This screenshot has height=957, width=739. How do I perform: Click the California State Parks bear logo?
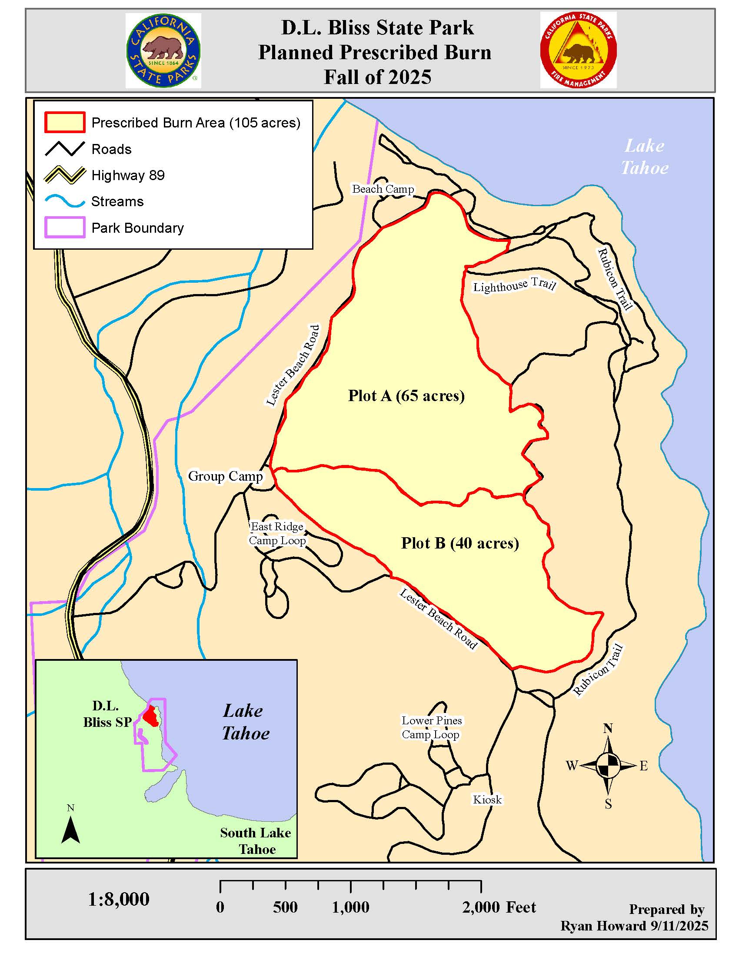coord(163,50)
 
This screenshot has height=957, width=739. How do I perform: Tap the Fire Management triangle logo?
coord(578,50)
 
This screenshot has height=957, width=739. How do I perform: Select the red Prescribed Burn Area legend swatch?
coord(64,122)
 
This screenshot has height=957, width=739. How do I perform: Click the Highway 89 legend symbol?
coord(65,175)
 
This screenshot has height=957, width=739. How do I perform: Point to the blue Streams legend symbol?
coord(65,201)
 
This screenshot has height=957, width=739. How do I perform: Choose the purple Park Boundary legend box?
coord(65,228)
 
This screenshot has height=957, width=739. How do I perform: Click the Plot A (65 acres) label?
coord(406,396)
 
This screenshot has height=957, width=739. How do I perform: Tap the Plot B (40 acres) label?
coord(459,543)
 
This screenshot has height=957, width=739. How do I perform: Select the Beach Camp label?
coord(383,189)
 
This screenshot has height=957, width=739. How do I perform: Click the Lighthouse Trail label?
coord(514,285)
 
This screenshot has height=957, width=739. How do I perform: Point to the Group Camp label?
coord(225,476)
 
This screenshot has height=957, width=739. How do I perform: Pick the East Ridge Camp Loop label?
coord(277,533)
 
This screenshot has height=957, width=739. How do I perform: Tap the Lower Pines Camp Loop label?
coord(431,727)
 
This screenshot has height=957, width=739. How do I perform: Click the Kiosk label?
coord(487,800)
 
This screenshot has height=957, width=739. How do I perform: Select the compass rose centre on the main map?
coord(608,766)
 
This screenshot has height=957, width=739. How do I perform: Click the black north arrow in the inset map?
coord(70,831)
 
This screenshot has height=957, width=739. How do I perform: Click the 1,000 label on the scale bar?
coord(350,907)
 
